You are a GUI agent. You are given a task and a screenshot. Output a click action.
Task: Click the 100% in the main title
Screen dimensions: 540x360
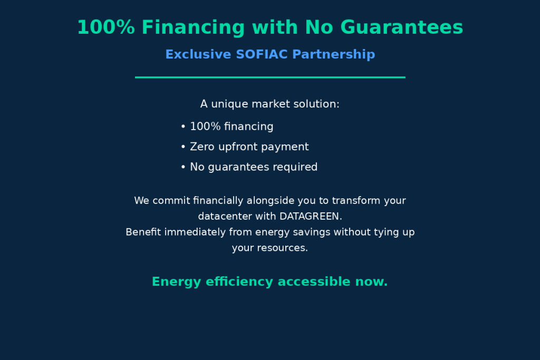tap(105, 27)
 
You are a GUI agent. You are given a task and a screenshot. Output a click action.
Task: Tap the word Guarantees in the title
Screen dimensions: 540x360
tap(402, 27)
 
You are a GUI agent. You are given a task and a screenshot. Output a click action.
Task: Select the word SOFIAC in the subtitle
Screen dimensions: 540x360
tap(262, 54)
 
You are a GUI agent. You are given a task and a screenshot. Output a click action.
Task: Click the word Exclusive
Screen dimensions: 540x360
tap(198, 54)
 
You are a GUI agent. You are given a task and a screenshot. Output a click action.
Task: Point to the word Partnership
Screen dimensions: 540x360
tap(334, 54)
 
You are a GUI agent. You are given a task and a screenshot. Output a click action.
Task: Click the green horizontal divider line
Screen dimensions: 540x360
tap(270, 77)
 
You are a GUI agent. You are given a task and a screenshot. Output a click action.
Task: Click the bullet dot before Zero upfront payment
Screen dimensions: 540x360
tap(183, 147)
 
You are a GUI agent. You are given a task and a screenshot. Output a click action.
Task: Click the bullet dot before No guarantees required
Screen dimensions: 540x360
tap(183, 167)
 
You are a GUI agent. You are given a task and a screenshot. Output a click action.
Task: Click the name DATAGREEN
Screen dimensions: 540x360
tap(311, 216)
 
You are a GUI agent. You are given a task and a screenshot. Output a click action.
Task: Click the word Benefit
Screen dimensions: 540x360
tap(143, 232)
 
